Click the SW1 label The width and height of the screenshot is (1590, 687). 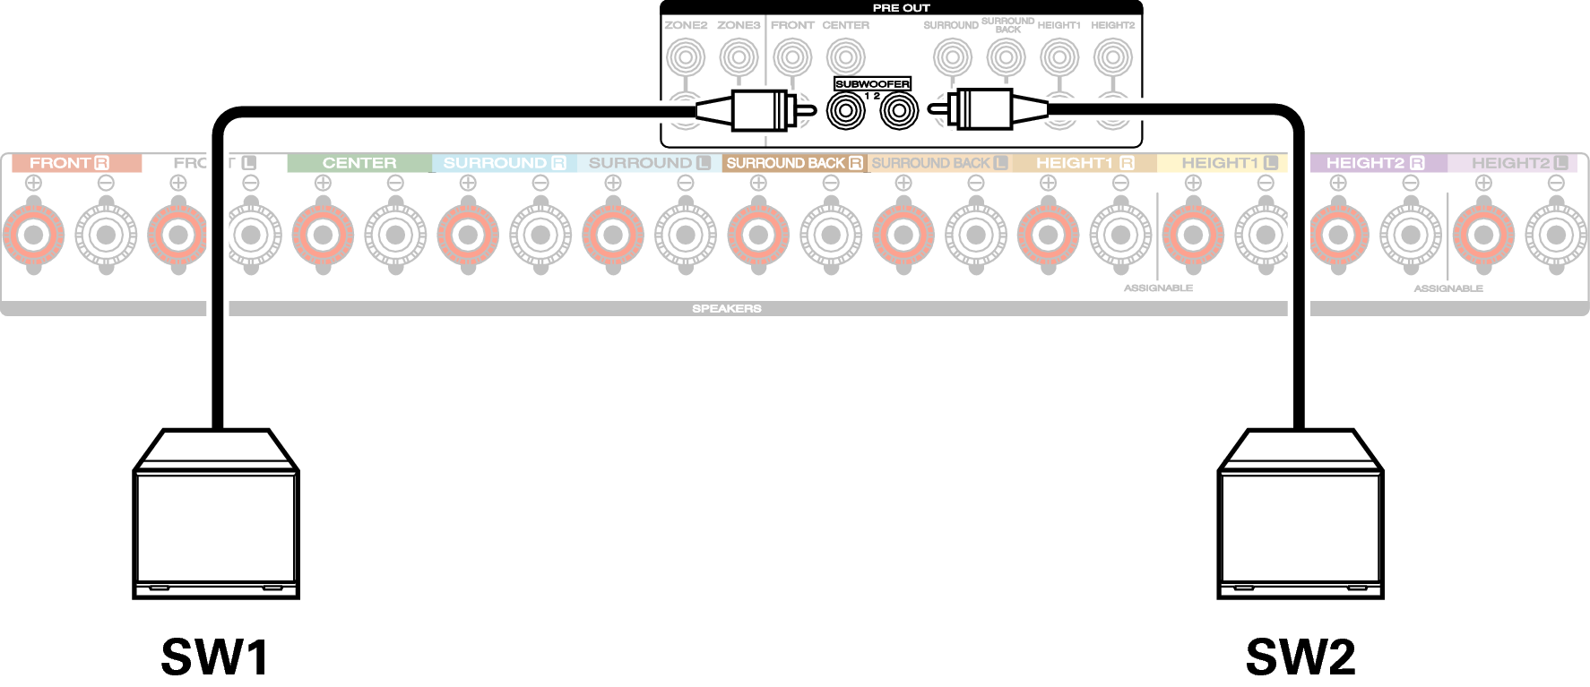(215, 657)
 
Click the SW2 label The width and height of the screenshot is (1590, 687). (1301, 657)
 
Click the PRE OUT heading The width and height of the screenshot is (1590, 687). (901, 8)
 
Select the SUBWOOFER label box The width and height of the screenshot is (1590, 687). (872, 83)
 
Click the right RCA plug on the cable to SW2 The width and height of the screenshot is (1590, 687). (981, 110)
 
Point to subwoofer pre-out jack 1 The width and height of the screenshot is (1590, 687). (845, 112)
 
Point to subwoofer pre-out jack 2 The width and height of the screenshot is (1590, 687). (899, 112)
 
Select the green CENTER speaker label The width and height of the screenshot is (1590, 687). (359, 163)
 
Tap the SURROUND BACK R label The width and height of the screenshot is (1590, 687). (794, 163)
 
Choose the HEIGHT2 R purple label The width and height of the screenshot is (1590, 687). (1376, 163)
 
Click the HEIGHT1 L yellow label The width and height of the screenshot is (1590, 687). (1229, 163)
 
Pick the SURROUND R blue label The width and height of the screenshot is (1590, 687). (505, 163)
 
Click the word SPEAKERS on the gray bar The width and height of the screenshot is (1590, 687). (726, 308)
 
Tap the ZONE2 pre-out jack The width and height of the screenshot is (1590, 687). (686, 58)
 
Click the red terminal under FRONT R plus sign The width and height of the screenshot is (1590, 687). (34, 236)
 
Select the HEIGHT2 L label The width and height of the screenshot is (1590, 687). (1520, 163)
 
